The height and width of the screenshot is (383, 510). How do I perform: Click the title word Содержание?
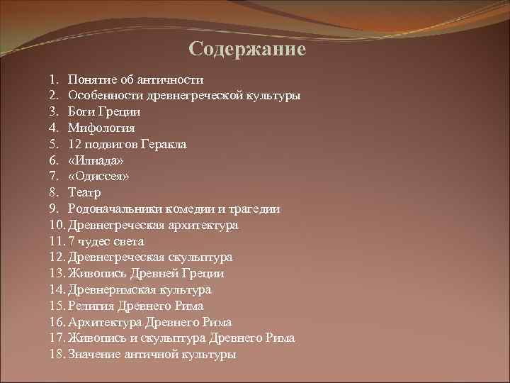[x=247, y=50]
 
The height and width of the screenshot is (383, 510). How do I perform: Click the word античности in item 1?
[x=173, y=79]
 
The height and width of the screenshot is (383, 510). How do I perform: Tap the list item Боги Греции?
[x=104, y=111]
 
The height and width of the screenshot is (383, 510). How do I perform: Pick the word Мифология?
[x=101, y=128]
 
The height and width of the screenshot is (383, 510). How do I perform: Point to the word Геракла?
[x=162, y=144]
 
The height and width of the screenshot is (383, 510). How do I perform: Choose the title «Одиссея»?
[x=98, y=177]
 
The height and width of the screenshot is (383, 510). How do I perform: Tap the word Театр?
[x=84, y=192]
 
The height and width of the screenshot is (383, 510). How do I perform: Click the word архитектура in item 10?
[x=203, y=226]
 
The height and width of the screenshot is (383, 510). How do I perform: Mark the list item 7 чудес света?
[x=106, y=241]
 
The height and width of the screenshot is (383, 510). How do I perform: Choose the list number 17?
[x=57, y=338]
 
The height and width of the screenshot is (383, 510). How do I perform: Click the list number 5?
[x=54, y=144]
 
